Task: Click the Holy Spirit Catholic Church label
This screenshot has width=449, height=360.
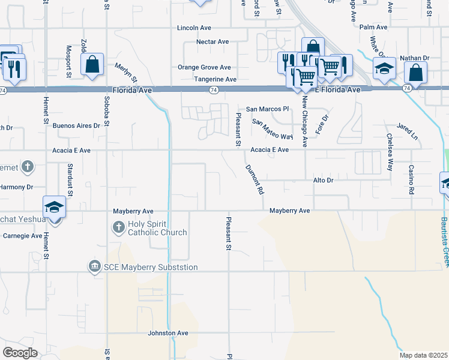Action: click(x=153, y=228)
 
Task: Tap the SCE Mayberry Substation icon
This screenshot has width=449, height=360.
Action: click(x=94, y=266)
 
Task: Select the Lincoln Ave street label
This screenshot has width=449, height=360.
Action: click(x=194, y=28)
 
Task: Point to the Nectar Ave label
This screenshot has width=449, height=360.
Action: click(x=213, y=41)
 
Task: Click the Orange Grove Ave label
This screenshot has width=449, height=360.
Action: click(x=204, y=67)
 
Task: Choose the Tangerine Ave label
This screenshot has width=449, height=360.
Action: click(x=215, y=79)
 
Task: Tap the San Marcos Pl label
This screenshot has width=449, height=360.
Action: click(x=268, y=109)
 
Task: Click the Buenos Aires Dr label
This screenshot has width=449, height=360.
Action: click(x=76, y=125)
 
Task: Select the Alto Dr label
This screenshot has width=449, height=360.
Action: click(x=323, y=180)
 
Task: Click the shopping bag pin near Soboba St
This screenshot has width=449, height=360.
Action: click(x=92, y=65)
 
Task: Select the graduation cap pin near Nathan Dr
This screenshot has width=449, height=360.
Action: click(x=384, y=69)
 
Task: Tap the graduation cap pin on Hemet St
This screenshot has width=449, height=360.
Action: click(x=54, y=208)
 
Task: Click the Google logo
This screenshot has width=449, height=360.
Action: click(x=20, y=353)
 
